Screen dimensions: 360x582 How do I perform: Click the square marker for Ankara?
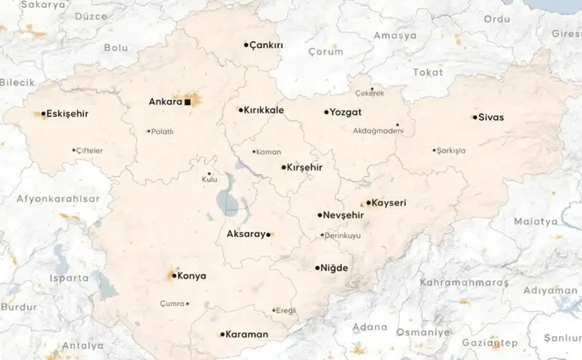[188, 101]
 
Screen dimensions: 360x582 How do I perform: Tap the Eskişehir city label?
[67, 114]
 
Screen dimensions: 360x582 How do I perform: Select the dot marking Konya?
[174, 276]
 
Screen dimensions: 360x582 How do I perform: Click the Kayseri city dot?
[368, 202]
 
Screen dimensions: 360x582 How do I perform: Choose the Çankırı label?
[267, 45]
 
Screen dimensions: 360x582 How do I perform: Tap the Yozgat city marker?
[326, 112]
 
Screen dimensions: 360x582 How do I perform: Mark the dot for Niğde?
[317, 268]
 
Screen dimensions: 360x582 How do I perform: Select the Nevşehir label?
[344, 215]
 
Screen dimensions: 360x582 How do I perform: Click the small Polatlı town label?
[163, 132]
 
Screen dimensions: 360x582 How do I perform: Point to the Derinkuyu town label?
[343, 235]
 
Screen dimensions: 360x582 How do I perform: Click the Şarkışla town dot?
[434, 150]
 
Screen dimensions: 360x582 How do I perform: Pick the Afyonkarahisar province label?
[58, 199]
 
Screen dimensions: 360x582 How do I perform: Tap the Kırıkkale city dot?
[241, 109]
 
